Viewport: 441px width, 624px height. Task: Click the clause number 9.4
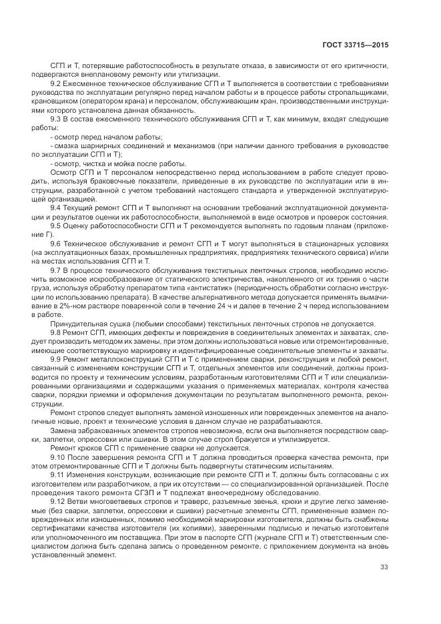tap(56, 207)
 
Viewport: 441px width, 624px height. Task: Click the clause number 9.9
tap(56, 358)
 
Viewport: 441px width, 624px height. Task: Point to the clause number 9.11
tap(58, 474)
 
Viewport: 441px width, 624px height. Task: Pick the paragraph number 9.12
tap(58, 501)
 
